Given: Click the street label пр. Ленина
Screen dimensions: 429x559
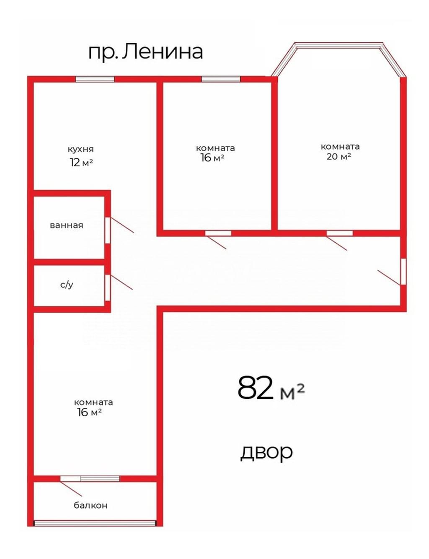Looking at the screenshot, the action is pyautogui.click(x=145, y=52).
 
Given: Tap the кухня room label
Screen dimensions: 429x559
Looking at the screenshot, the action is pyautogui.click(x=80, y=149).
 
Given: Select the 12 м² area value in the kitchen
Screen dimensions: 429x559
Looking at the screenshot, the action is pyautogui.click(x=81, y=163).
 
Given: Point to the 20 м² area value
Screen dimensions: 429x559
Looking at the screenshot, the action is pyautogui.click(x=339, y=156).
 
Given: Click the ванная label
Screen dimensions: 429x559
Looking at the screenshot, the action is pyautogui.click(x=66, y=225).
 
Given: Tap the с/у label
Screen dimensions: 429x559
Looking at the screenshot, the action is pyautogui.click(x=67, y=285).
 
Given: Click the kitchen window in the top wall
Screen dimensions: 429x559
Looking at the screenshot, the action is pyautogui.click(x=95, y=79).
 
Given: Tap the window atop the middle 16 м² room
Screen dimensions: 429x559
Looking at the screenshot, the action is pyautogui.click(x=221, y=79).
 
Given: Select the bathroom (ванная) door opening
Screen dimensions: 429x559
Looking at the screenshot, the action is pyautogui.click(x=108, y=230).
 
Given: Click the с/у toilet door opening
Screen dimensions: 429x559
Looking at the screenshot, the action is pyautogui.click(x=108, y=287).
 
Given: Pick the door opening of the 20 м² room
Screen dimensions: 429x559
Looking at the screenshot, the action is pyautogui.click(x=339, y=233).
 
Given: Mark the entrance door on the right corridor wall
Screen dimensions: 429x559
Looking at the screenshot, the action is pyautogui.click(x=403, y=272).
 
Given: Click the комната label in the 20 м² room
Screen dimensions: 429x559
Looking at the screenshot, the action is pyautogui.click(x=340, y=147).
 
